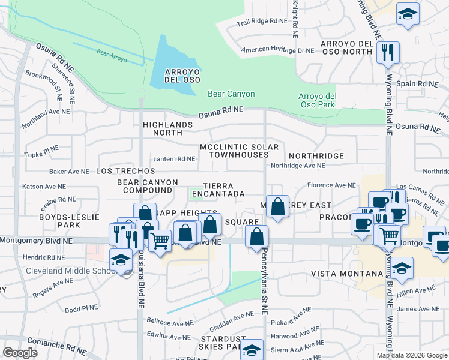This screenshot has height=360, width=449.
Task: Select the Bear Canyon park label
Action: pyautogui.click(x=231, y=94)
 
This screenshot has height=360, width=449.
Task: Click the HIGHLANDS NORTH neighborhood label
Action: pyautogui.click(x=168, y=128)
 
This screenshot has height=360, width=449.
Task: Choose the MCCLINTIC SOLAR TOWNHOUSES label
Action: pyautogui.click(x=239, y=151)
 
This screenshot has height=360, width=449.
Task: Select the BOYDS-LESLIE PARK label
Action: pyautogui.click(x=60, y=221)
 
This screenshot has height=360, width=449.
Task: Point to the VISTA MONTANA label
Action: pyautogui.click(x=346, y=274)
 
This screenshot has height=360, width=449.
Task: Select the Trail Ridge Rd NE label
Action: pyautogui.click(x=262, y=22)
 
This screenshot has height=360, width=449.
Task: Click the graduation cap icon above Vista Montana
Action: pyautogui.click(x=402, y=267)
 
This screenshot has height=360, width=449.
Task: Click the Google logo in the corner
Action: pyautogui.click(x=20, y=353)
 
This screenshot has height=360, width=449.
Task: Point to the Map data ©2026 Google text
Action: pyautogui.click(x=412, y=355)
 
